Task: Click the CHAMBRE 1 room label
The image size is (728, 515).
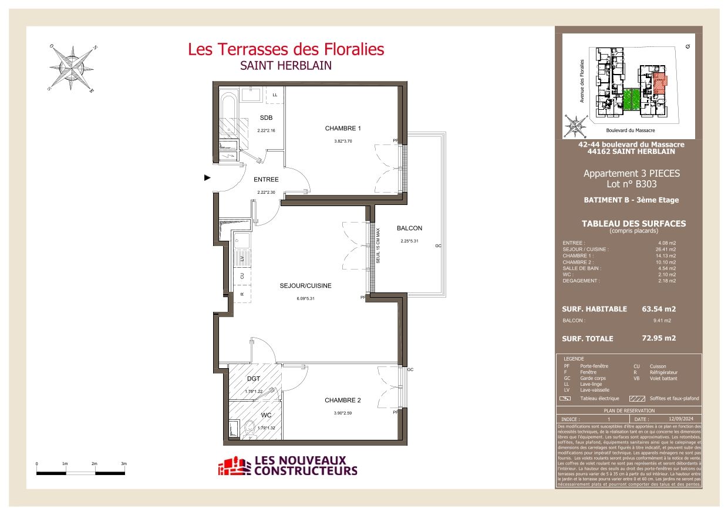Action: (x=343, y=129)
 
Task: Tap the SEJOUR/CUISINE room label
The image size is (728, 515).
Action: (x=305, y=286)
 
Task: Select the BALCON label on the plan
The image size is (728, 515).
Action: (x=409, y=228)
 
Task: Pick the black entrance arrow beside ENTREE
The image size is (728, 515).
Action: (x=207, y=177)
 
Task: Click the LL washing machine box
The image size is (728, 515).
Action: (x=275, y=95)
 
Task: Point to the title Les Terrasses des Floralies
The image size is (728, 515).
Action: (x=286, y=49)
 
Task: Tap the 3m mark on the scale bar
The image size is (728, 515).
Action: (x=124, y=464)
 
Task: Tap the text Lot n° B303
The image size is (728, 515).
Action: (x=631, y=184)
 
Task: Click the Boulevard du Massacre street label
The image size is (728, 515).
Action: (x=630, y=130)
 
